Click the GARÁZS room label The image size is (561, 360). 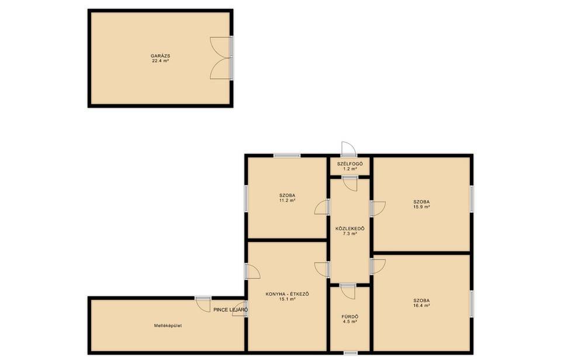160,56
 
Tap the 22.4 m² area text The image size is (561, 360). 160,61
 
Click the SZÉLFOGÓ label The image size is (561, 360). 350,164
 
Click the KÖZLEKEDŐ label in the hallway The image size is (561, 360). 350,229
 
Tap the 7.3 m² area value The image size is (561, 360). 350,233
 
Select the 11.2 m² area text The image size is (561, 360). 288,200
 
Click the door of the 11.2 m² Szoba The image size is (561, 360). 322,207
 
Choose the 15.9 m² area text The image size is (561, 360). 421,206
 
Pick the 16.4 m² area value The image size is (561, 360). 421,306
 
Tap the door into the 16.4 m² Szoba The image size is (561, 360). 378,267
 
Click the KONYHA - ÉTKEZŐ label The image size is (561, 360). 288,294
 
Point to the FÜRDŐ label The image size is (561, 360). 350,317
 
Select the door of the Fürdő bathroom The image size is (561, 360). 348,292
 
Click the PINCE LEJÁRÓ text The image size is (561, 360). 231,310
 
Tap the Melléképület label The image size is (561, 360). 168,326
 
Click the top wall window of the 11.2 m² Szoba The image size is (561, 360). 287,155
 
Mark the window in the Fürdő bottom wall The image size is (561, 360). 350,353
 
